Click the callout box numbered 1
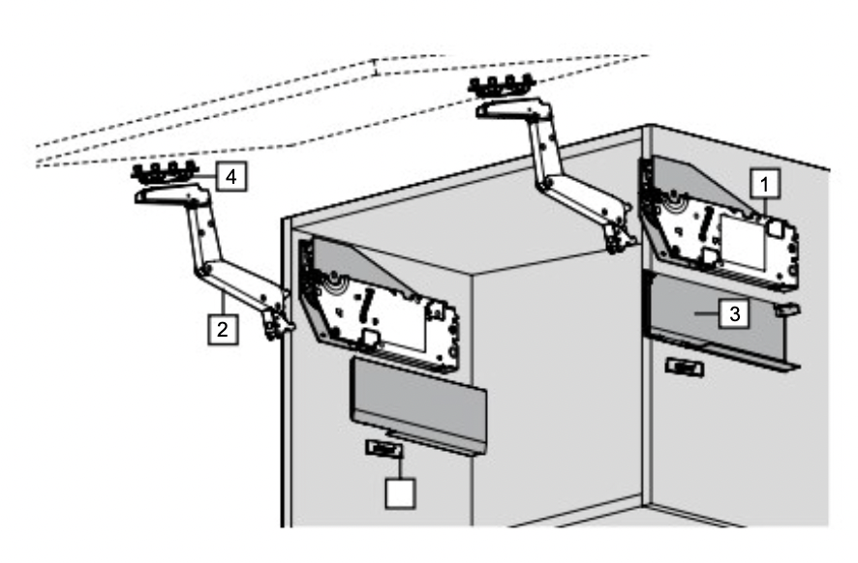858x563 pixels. point(764,184)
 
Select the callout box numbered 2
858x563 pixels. point(224,329)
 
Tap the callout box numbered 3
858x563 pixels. point(734,313)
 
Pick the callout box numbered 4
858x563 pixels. point(231,177)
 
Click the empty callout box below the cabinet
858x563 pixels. point(400,493)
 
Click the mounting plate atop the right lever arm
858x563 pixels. point(502,86)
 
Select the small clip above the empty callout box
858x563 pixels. point(384,449)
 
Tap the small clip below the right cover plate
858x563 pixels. point(685,368)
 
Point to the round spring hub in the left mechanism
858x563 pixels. point(332,284)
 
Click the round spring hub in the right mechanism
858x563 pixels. point(672,205)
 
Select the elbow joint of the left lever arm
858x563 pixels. point(204,270)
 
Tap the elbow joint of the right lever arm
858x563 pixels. point(545,183)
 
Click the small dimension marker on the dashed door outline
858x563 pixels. point(376,68)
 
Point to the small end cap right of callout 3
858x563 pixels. point(787,310)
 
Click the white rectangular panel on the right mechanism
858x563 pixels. point(743,243)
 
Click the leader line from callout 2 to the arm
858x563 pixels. point(224,303)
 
